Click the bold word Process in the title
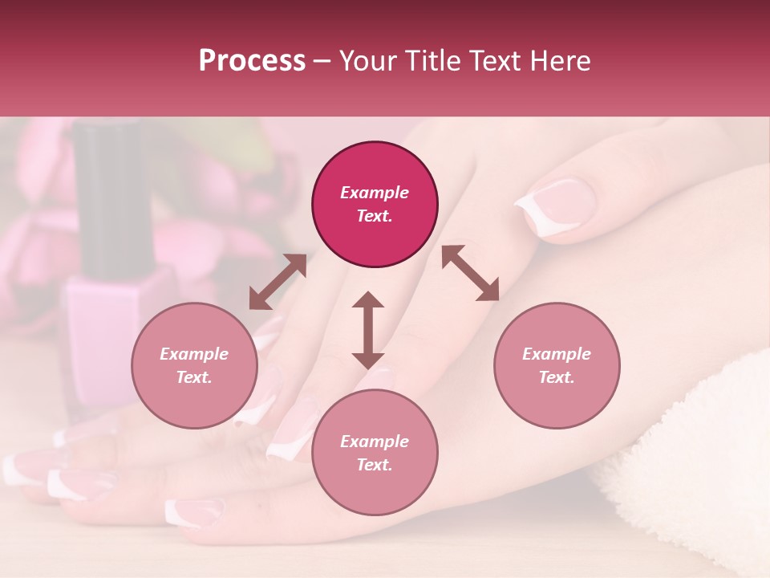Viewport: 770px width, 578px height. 252,61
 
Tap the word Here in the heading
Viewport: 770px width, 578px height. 561,61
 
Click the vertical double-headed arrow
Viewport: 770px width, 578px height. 368,330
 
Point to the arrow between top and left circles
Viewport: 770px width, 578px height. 278,282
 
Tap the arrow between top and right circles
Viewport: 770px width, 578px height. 470,273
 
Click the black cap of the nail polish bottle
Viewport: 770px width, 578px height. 107,193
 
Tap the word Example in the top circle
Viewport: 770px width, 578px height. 375,193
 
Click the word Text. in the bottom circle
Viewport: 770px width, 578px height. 375,465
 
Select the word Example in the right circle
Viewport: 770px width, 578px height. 557,354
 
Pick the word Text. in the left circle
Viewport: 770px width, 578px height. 194,377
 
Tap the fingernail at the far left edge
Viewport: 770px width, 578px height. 18,468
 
